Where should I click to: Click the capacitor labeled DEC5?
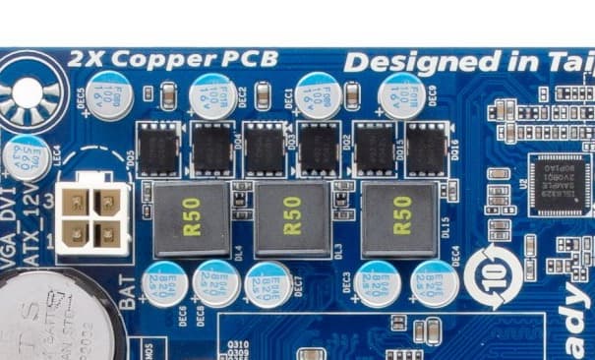106,95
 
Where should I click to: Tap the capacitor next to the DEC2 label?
211,94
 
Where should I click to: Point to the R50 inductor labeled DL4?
183,216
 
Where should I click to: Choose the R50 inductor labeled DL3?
292,216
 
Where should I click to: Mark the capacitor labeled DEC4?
435,284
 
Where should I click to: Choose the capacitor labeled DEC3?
379,284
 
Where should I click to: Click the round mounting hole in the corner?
27,94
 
